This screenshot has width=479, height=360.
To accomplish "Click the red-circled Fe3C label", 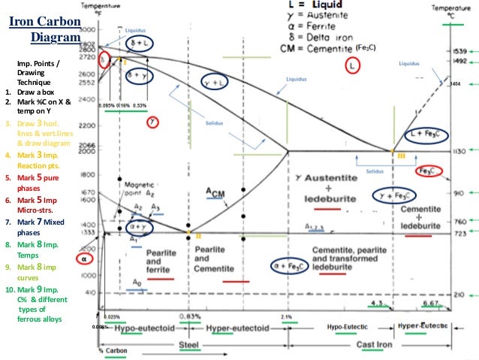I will [431, 171].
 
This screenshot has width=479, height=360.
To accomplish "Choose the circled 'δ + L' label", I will [140, 43].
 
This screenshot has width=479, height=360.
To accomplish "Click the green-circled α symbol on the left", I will [84, 259].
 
